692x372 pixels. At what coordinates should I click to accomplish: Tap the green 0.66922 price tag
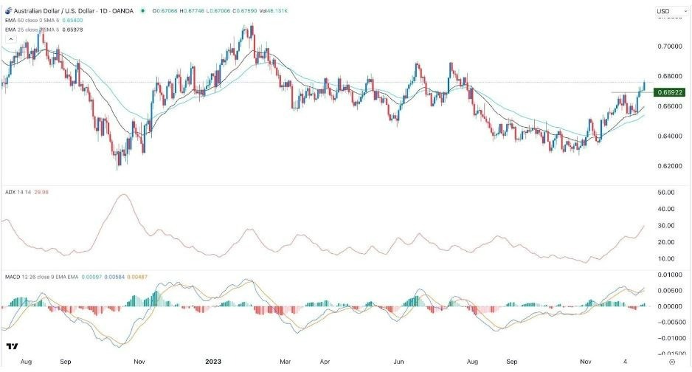671,92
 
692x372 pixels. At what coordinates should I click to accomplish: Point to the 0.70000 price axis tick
670,46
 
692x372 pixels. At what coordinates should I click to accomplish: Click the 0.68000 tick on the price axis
670,77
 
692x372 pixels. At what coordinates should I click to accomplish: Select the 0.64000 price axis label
670,137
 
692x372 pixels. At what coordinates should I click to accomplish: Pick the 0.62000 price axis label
670,166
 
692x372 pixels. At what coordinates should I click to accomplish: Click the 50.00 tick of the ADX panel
666,193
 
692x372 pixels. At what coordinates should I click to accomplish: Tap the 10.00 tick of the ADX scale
666,259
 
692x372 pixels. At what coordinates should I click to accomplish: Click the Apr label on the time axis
325,362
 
